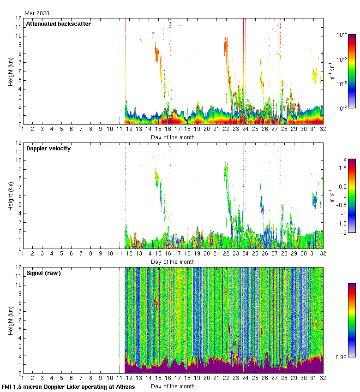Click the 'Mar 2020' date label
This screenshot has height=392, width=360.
(x=37, y=13)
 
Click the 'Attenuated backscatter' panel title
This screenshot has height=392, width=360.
(x=58, y=24)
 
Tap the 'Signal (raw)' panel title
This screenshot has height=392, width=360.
(x=43, y=273)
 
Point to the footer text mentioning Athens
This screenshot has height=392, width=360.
(x=68, y=386)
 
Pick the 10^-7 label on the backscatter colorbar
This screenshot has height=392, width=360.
(x=342, y=109)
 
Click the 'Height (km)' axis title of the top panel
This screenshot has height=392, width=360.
(x=11, y=71)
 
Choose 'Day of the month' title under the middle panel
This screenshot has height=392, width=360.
(x=173, y=262)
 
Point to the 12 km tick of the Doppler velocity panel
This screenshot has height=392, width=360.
(x=18, y=143)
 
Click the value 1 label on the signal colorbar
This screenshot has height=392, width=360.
(x=344, y=320)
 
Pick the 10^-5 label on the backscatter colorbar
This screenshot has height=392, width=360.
(x=342, y=59)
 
